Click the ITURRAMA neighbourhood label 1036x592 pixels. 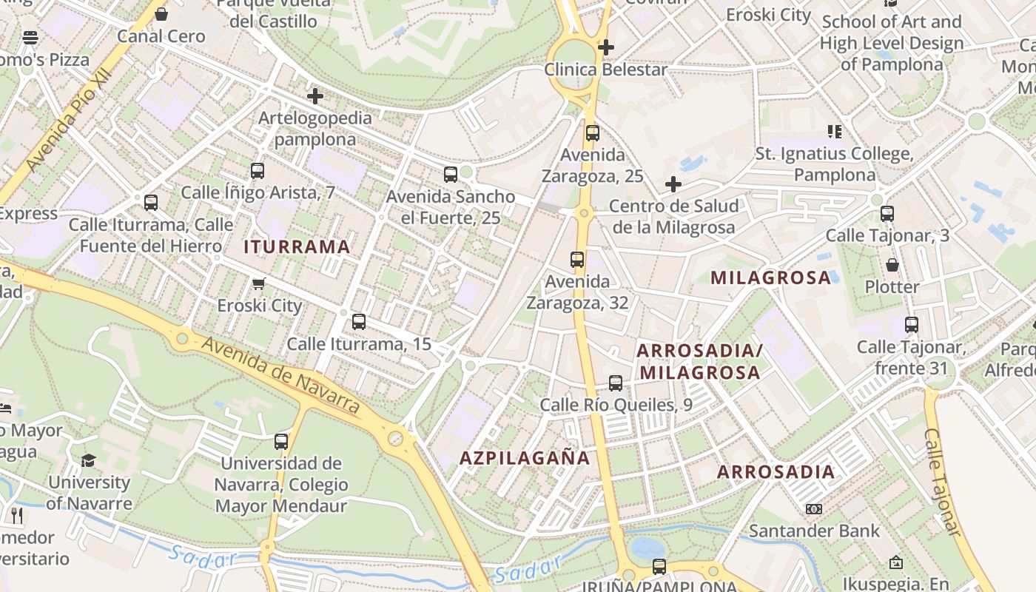pos(297,247)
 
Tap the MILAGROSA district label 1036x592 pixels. pos(771,278)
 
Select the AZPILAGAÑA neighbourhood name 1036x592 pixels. pos(525,458)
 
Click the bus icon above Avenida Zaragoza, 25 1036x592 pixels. pos(592,133)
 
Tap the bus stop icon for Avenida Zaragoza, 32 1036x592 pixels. pos(577,260)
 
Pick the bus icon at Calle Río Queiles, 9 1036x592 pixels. pos(615,383)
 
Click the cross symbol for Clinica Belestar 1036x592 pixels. pos(606,47)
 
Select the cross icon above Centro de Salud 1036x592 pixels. pos(673,184)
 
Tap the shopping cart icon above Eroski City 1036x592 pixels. pos(259,283)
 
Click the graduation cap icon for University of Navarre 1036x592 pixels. pos(88,460)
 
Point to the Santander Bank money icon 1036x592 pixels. pos(814,509)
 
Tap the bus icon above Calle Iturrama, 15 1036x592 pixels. pos(359,322)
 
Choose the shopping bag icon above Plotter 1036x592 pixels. pos(892,265)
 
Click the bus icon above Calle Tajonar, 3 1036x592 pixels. pos(887,214)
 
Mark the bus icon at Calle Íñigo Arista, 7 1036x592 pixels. pos(258,170)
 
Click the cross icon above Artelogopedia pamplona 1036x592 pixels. pos(315,96)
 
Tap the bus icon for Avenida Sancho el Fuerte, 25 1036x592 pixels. pos(450,175)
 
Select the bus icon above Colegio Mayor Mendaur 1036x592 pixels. pos(281,442)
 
